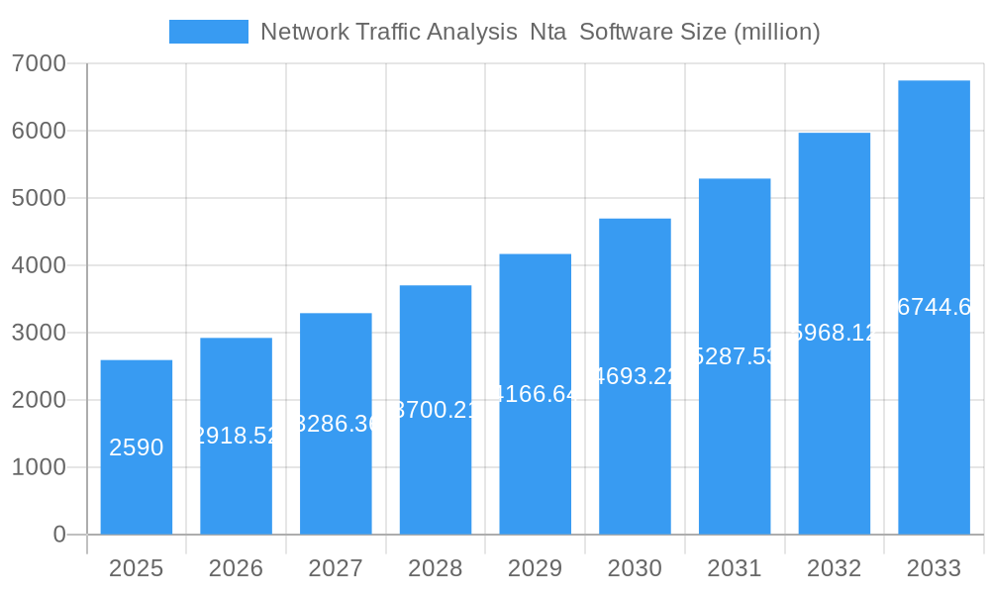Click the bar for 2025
pyautogui.click(x=137, y=447)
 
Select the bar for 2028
pyautogui.click(x=436, y=410)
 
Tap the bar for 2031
pyautogui.click(x=735, y=356)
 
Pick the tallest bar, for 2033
pyautogui.click(x=934, y=307)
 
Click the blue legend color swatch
pyautogui.click(x=209, y=32)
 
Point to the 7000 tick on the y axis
pyautogui.click(x=39, y=63)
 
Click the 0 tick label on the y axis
pyautogui.click(x=58, y=535)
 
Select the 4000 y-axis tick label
pyautogui.click(x=39, y=265)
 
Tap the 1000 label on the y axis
pyautogui.click(x=39, y=467)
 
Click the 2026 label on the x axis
pyautogui.click(x=236, y=568)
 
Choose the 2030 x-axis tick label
pyautogui.click(x=635, y=568)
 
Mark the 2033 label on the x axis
pyautogui.click(x=934, y=568)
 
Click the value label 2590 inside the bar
pyautogui.click(x=137, y=447)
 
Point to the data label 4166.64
pyautogui.click(x=536, y=394)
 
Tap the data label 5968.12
pyautogui.click(x=835, y=333)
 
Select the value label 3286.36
pyautogui.click(x=336, y=424)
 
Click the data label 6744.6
pyautogui.click(x=934, y=307)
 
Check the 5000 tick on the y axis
pyautogui.click(x=39, y=198)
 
